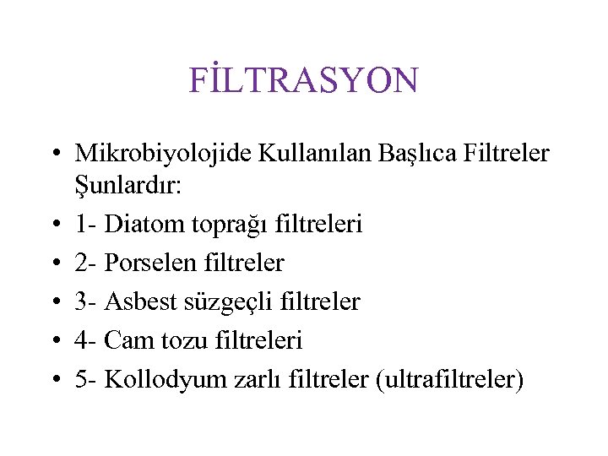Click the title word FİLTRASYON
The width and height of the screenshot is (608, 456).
(304, 80)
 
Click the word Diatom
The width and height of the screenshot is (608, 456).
(147, 224)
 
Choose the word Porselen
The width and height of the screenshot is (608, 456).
(151, 263)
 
